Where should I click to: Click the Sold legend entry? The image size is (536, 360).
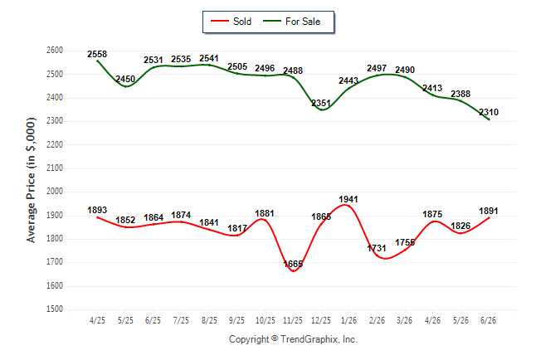point(231,22)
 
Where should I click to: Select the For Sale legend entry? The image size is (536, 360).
point(291,22)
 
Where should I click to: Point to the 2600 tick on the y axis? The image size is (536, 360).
point(55,51)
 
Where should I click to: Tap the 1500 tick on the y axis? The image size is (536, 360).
point(55,309)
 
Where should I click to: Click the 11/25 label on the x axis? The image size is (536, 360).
point(293,320)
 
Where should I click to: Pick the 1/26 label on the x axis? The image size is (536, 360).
point(348,320)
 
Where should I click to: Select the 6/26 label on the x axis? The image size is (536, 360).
point(489,320)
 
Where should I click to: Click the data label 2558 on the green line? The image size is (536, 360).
point(97,54)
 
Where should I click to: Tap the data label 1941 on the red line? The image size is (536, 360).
point(348,199)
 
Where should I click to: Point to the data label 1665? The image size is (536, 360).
point(293,264)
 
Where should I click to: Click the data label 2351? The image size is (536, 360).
point(321,103)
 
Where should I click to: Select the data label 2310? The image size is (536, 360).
point(489,112)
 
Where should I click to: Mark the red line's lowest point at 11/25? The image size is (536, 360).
point(293,271)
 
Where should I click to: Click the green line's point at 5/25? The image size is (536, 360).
point(126,86)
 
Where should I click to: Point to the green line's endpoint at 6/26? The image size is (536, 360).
point(489,119)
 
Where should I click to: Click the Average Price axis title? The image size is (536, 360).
point(31,180)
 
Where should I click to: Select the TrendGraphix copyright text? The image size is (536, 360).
point(293,339)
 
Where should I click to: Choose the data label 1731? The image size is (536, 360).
point(377,248)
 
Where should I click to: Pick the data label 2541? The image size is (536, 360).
point(209,58)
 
